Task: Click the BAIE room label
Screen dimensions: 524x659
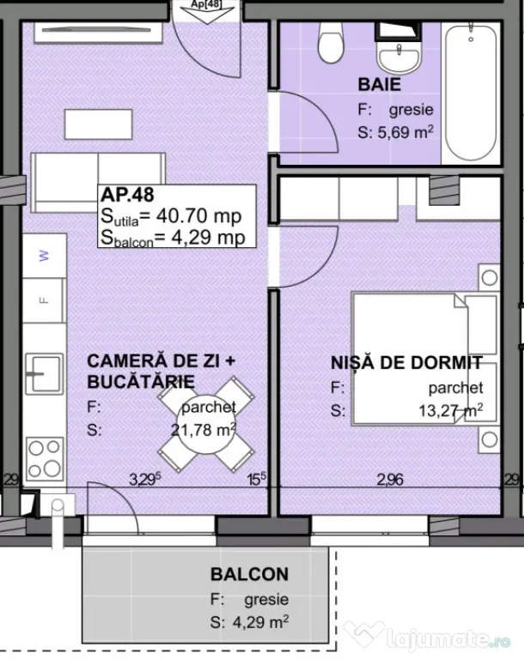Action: [x=379, y=84]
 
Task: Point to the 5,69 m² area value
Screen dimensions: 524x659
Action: [x=405, y=132]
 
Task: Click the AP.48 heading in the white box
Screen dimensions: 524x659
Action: [x=127, y=195]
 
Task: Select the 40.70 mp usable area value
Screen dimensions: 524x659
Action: [x=199, y=216]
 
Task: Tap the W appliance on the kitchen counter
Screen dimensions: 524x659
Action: [x=44, y=256]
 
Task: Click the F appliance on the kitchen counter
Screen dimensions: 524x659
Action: [x=43, y=300]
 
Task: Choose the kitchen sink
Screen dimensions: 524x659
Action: [x=44, y=373]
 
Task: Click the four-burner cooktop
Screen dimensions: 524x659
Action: [x=44, y=459]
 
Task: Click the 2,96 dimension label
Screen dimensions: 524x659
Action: [x=390, y=479]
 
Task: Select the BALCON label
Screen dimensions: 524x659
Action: [x=250, y=574]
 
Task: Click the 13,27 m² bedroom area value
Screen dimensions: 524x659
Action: [x=451, y=410]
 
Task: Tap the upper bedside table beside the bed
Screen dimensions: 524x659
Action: [x=489, y=277]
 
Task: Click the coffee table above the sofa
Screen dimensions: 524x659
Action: [x=99, y=124]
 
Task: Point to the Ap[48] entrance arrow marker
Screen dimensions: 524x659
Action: [x=206, y=11]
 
